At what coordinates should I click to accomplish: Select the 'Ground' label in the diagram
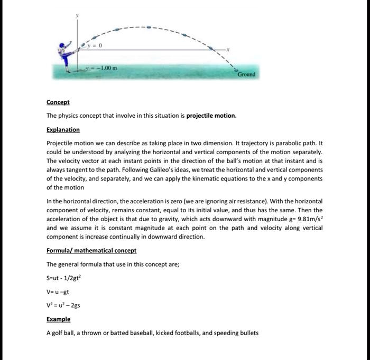pyautogui.click(x=246, y=74)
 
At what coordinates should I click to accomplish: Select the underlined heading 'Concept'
pyautogui.click(x=58, y=102)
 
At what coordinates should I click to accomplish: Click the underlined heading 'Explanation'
pyautogui.click(x=63, y=129)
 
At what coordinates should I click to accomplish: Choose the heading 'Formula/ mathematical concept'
pyautogui.click(x=91, y=250)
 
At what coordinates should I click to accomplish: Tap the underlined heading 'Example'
pyautogui.click(x=58, y=319)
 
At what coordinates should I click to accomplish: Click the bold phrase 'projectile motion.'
pyautogui.click(x=211, y=116)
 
